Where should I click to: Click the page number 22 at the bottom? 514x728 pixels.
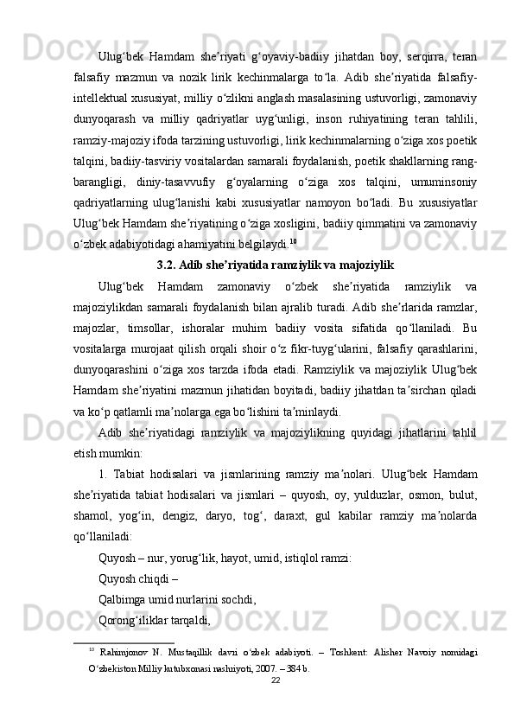pos(276,705)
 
